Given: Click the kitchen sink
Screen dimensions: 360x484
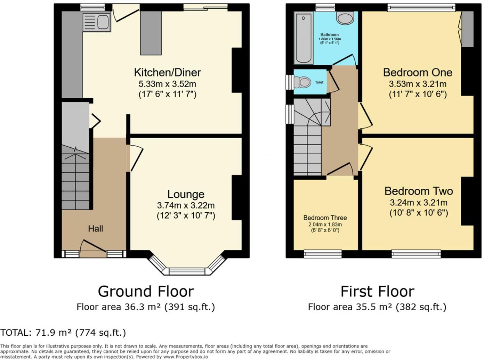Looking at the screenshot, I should pyautogui.click(x=97, y=22).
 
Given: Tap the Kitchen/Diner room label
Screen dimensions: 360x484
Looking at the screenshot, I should pyautogui.click(x=167, y=72).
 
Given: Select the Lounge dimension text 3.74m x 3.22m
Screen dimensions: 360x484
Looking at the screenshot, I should pyautogui.click(x=186, y=205).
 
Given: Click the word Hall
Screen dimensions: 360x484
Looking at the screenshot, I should pyautogui.click(x=95, y=229).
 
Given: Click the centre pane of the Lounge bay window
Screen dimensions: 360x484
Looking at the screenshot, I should pyautogui.click(x=188, y=271).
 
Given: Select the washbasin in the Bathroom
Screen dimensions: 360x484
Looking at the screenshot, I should pyautogui.click(x=345, y=18).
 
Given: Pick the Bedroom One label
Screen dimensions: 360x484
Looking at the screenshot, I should pyautogui.click(x=418, y=72).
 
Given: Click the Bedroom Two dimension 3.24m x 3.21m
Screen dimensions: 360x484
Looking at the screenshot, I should pyautogui.click(x=419, y=203).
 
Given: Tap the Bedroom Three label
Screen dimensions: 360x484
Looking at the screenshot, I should pyautogui.click(x=325, y=218).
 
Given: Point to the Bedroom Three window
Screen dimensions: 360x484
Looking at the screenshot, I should pyautogui.click(x=323, y=254).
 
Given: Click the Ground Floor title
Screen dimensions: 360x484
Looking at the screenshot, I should pyautogui.click(x=146, y=291).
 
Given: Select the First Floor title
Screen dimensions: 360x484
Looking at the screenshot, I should pyautogui.click(x=377, y=291).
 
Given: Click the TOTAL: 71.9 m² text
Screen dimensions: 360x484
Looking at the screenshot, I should pyautogui.click(x=63, y=333).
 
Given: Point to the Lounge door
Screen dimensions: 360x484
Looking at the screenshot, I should pyautogui.click(x=135, y=158).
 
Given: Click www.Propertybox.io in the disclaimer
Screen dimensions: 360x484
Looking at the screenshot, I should pyautogui.click(x=186, y=357).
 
